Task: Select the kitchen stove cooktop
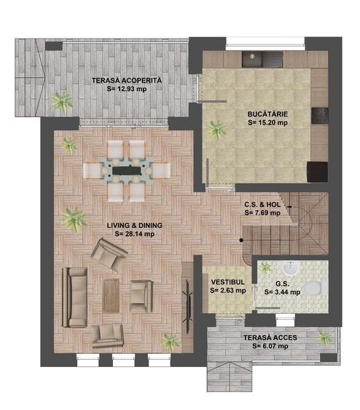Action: (x=320, y=116)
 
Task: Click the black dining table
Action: (x=127, y=170)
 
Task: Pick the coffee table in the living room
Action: (x=111, y=296)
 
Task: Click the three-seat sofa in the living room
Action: (x=75, y=297)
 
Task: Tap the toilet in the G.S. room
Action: (x=316, y=287)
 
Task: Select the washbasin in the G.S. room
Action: (x=291, y=268)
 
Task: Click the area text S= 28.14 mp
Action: (x=135, y=234)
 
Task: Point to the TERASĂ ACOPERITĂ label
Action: (x=127, y=80)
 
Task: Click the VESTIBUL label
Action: (x=228, y=282)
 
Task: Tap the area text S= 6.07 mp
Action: (x=270, y=346)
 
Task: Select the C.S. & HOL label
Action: (x=262, y=204)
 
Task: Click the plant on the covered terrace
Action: (x=62, y=101)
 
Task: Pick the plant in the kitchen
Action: (x=216, y=129)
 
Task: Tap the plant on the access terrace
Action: (x=324, y=338)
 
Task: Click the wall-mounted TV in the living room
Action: (x=187, y=307)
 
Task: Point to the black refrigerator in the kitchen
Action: (x=317, y=172)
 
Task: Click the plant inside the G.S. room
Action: (x=265, y=267)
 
